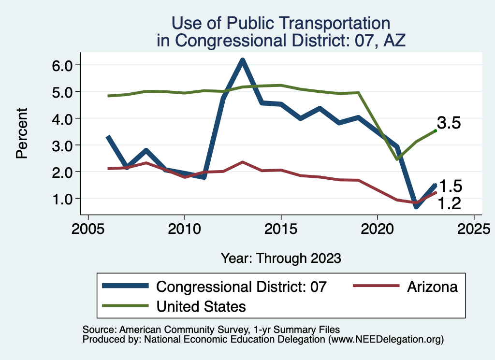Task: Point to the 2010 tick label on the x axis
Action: click(184, 228)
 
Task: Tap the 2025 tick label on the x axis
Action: click(474, 228)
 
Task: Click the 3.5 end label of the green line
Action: click(449, 123)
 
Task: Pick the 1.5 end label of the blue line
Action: click(450, 186)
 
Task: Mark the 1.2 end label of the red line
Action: click(449, 205)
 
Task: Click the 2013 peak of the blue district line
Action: click(242, 60)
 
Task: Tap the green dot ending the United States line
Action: click(436, 130)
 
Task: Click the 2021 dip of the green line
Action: click(397, 159)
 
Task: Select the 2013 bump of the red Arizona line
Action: click(242, 162)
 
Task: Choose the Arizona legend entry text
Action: click(432, 287)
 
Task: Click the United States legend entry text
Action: click(201, 306)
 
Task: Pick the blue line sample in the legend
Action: click(125, 287)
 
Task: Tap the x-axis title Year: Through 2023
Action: click(281, 258)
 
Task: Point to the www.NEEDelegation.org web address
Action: click(385, 340)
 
